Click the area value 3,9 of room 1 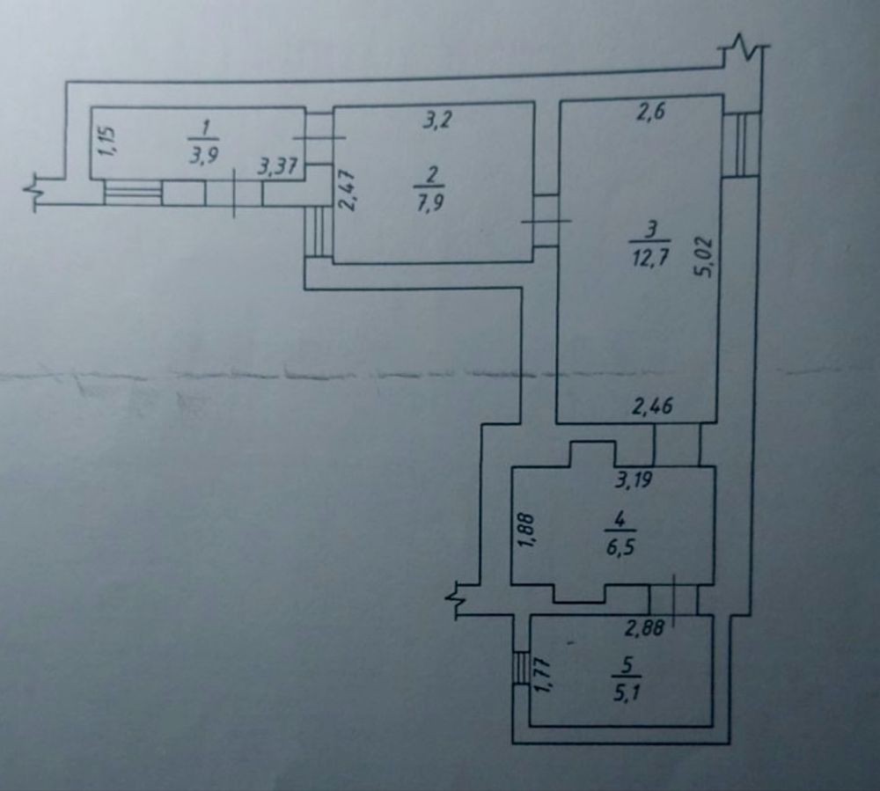pos(202,152)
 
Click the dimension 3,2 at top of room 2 pos(434,121)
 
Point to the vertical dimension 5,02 pos(705,257)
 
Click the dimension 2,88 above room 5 pos(643,628)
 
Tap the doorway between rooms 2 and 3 pos(546,221)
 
